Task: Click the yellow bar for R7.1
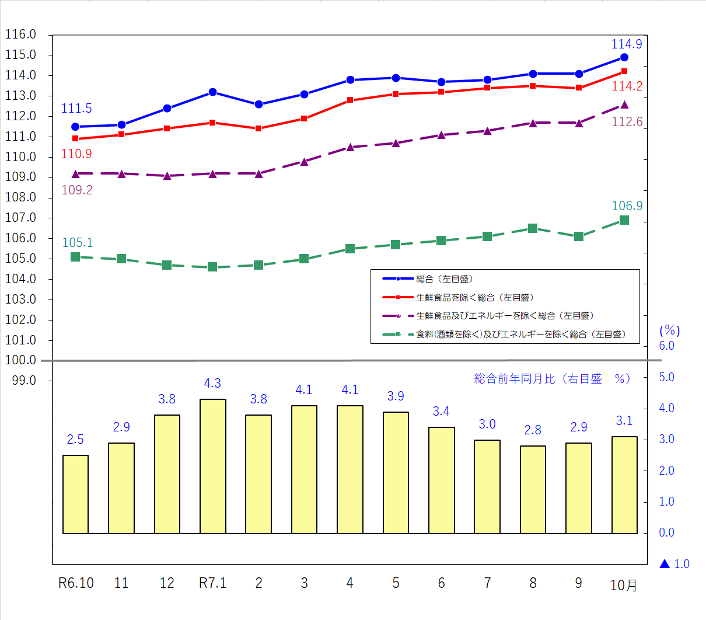pyautogui.click(x=213, y=466)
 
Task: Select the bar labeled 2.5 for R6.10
pyautogui.click(x=75, y=494)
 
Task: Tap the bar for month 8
pyautogui.click(x=533, y=489)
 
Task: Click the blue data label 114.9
pyautogui.click(x=627, y=44)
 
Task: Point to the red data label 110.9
pyautogui.click(x=76, y=154)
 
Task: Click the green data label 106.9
pyautogui.click(x=627, y=206)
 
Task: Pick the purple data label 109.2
pyautogui.click(x=77, y=190)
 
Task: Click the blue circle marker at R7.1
pyautogui.click(x=213, y=92)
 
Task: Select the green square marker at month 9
pyautogui.click(x=579, y=236)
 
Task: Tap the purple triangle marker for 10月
pyautogui.click(x=624, y=105)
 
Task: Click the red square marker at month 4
pyautogui.click(x=350, y=100)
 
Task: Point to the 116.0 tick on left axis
pyautogui.click(x=21, y=35)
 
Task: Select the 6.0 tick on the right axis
pyautogui.click(x=666, y=346)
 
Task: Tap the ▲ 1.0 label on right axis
pyautogui.click(x=674, y=564)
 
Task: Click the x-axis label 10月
pyautogui.click(x=624, y=585)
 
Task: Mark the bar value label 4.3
pyautogui.click(x=212, y=384)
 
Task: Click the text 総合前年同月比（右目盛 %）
pyautogui.click(x=552, y=379)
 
